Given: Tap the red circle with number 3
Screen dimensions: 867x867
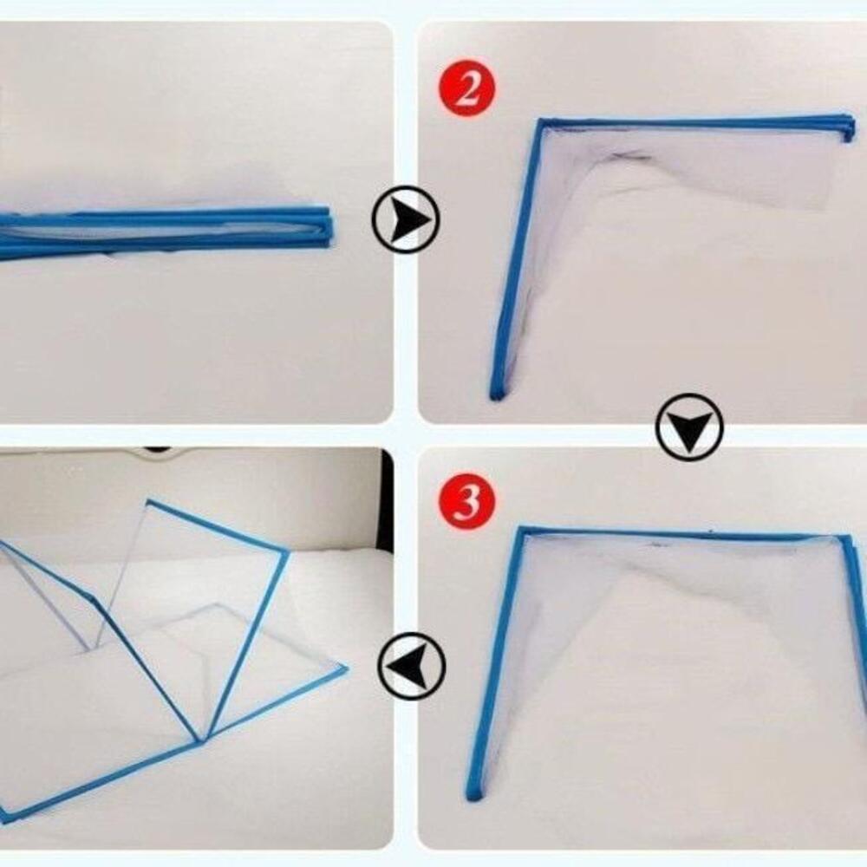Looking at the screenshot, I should (x=467, y=503).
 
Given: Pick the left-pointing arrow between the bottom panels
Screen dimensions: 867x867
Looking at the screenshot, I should (x=411, y=667).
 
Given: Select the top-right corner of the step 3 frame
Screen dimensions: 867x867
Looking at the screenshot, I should (x=847, y=542).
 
